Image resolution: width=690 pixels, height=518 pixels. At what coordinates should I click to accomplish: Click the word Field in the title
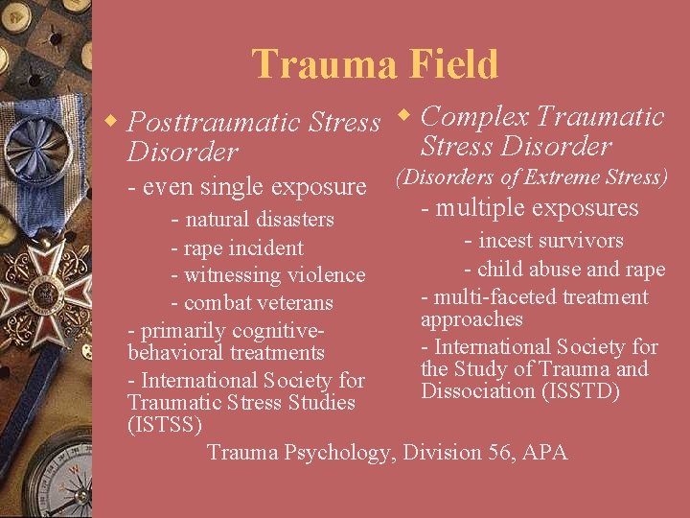tap(448, 65)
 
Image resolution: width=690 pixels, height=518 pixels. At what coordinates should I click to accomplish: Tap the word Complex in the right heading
tap(474, 117)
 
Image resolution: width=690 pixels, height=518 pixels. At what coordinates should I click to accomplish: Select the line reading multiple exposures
tap(530, 208)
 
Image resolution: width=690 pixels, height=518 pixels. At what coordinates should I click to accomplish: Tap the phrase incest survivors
tap(543, 241)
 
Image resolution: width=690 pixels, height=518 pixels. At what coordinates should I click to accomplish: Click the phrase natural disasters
tap(251, 219)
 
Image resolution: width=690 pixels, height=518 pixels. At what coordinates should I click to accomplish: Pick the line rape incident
tap(236, 247)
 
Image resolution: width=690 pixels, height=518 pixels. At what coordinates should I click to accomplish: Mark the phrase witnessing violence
tap(267, 275)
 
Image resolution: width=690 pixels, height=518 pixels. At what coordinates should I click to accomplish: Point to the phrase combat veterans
tap(251, 303)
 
